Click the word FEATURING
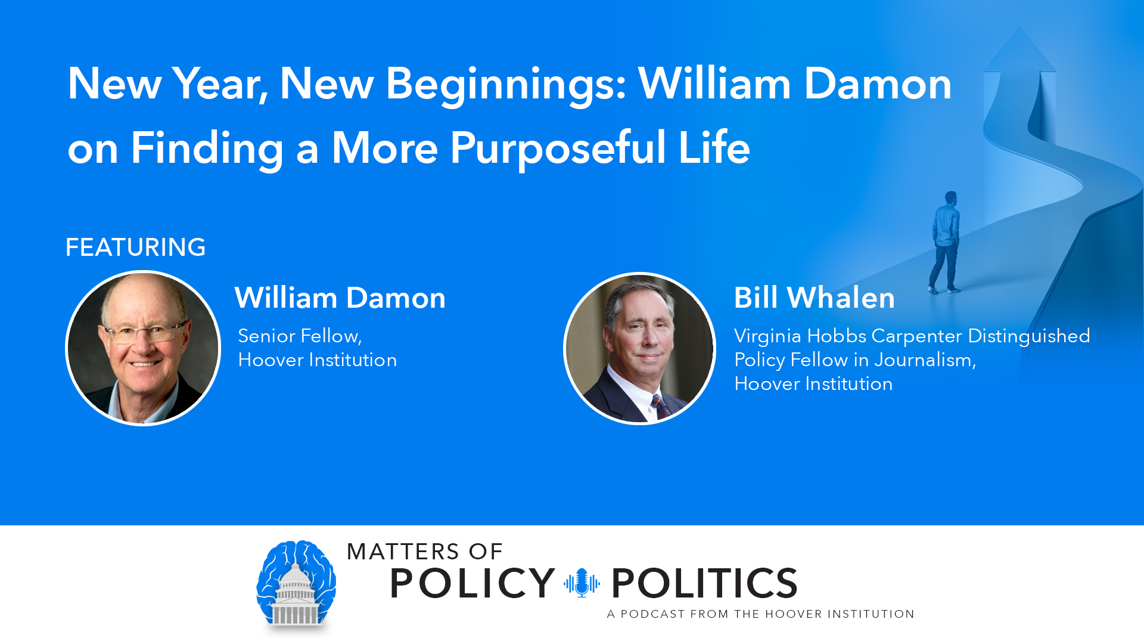(135, 247)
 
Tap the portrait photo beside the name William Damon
(143, 348)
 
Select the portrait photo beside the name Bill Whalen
(639, 348)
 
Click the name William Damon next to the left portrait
(340, 298)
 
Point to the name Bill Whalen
(814, 298)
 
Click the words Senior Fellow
(299, 336)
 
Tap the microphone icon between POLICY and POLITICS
(582, 583)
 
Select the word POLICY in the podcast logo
(472, 583)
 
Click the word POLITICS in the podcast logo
(704, 583)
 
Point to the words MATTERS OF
(425, 552)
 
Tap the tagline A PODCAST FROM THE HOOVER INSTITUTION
(760, 614)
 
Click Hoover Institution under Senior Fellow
(317, 360)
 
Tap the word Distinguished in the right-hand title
(1029, 336)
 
